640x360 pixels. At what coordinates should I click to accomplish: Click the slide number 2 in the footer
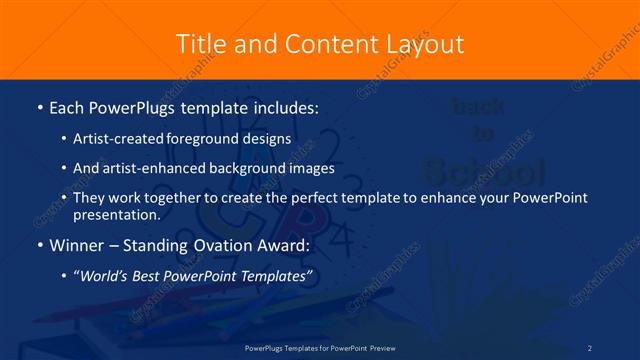pyautogui.click(x=590, y=347)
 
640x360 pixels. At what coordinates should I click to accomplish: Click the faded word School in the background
pyautogui.click(x=484, y=165)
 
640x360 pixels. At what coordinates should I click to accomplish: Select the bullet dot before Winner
pyautogui.click(x=38, y=244)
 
